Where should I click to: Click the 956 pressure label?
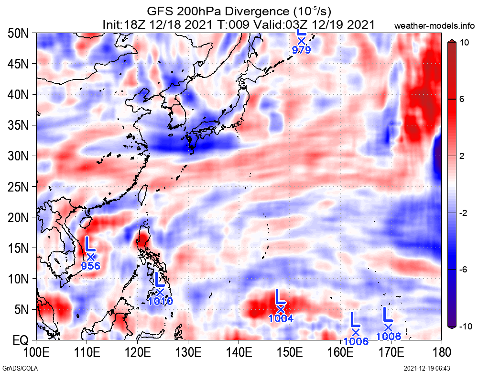click(90, 266)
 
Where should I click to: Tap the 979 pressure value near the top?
click(302, 49)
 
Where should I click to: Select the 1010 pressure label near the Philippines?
click(160, 301)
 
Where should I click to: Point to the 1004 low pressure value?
click(281, 318)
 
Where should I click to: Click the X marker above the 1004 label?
click(281, 309)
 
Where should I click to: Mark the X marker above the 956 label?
click(90, 256)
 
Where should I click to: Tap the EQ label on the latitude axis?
click(21, 341)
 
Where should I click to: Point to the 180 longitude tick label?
click(441, 353)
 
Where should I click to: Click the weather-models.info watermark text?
click(435, 25)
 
